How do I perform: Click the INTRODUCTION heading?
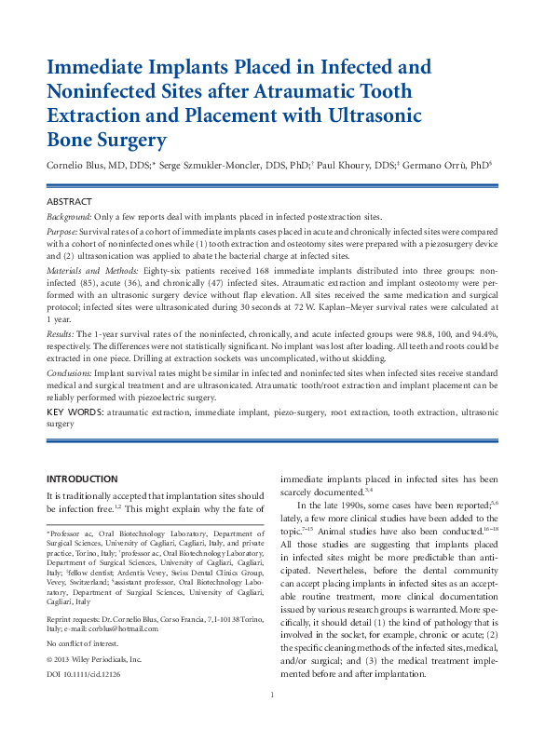82,478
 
